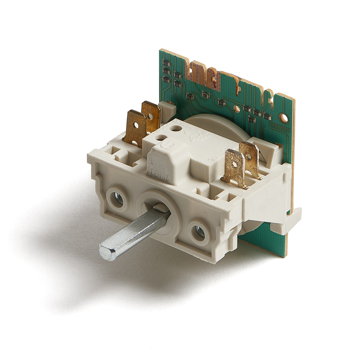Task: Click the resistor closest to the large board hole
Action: click(x=267, y=116)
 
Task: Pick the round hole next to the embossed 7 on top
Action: click(x=176, y=128)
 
